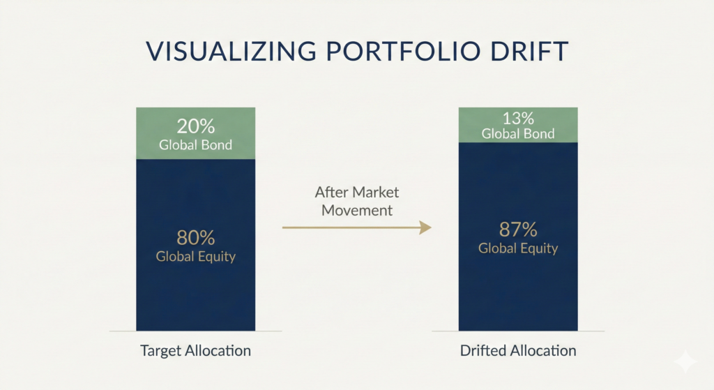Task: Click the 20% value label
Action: (x=196, y=127)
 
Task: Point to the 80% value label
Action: (x=196, y=237)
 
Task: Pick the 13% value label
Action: (x=518, y=118)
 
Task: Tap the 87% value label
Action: (x=518, y=230)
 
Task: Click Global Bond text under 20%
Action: (x=196, y=145)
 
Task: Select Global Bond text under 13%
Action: (x=518, y=133)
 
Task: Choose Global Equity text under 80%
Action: (x=196, y=256)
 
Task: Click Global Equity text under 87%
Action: (x=518, y=248)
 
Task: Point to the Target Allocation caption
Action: (x=196, y=350)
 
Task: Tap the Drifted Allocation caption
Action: (x=518, y=350)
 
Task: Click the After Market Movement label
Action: (x=357, y=200)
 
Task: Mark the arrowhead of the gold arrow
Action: (x=425, y=227)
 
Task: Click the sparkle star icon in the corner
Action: (x=685, y=362)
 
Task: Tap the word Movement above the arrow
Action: (x=357, y=209)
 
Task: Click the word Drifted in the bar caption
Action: (x=483, y=350)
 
